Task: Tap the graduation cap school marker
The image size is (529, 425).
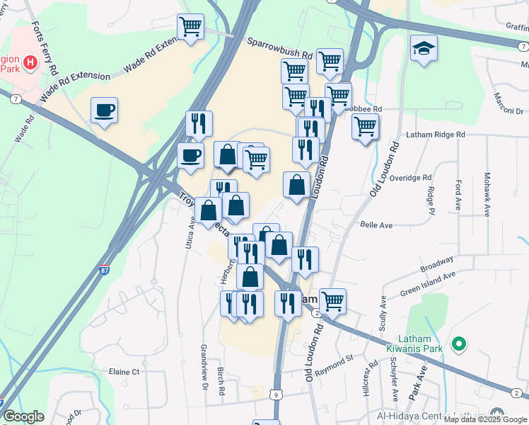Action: coord(424,48)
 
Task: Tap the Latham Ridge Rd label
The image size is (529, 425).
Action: coord(435,134)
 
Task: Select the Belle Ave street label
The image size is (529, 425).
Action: coord(376,225)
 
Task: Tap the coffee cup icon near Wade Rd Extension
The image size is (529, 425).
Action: coord(105,110)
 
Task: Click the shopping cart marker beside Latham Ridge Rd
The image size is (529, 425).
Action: coord(364,127)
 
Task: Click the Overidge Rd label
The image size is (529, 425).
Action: coord(409,178)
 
